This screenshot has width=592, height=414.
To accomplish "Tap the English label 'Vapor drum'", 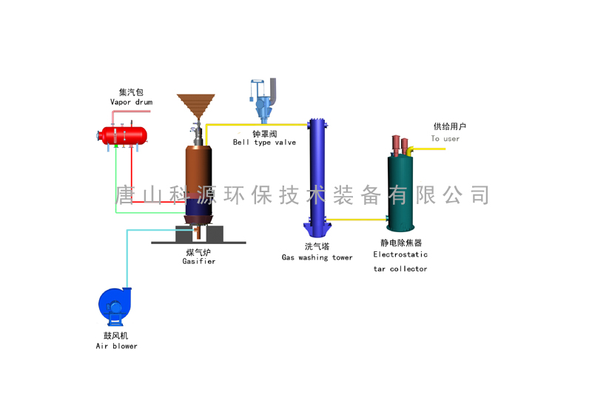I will pos(132,102).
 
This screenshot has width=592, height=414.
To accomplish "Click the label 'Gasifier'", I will pos(199,262).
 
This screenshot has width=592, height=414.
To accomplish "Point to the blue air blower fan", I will pos(115,305).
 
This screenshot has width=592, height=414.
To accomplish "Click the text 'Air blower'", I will pos(116,346).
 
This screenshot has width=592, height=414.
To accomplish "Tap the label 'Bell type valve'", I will pos(264,143).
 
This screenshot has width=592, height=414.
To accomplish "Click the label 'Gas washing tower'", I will pos(317,258).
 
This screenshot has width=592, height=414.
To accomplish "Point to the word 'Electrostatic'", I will pos(400,254).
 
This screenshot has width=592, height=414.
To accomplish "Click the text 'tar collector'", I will pos(400,269).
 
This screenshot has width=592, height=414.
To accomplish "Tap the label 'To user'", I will pos(445,138).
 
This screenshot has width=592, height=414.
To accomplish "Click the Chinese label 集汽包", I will pos(131,92).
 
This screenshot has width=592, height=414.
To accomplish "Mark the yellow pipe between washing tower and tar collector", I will pos(356,219).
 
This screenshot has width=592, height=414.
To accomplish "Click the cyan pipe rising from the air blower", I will pos(127,259).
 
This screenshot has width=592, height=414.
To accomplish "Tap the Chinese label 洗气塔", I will pos(317,247).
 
